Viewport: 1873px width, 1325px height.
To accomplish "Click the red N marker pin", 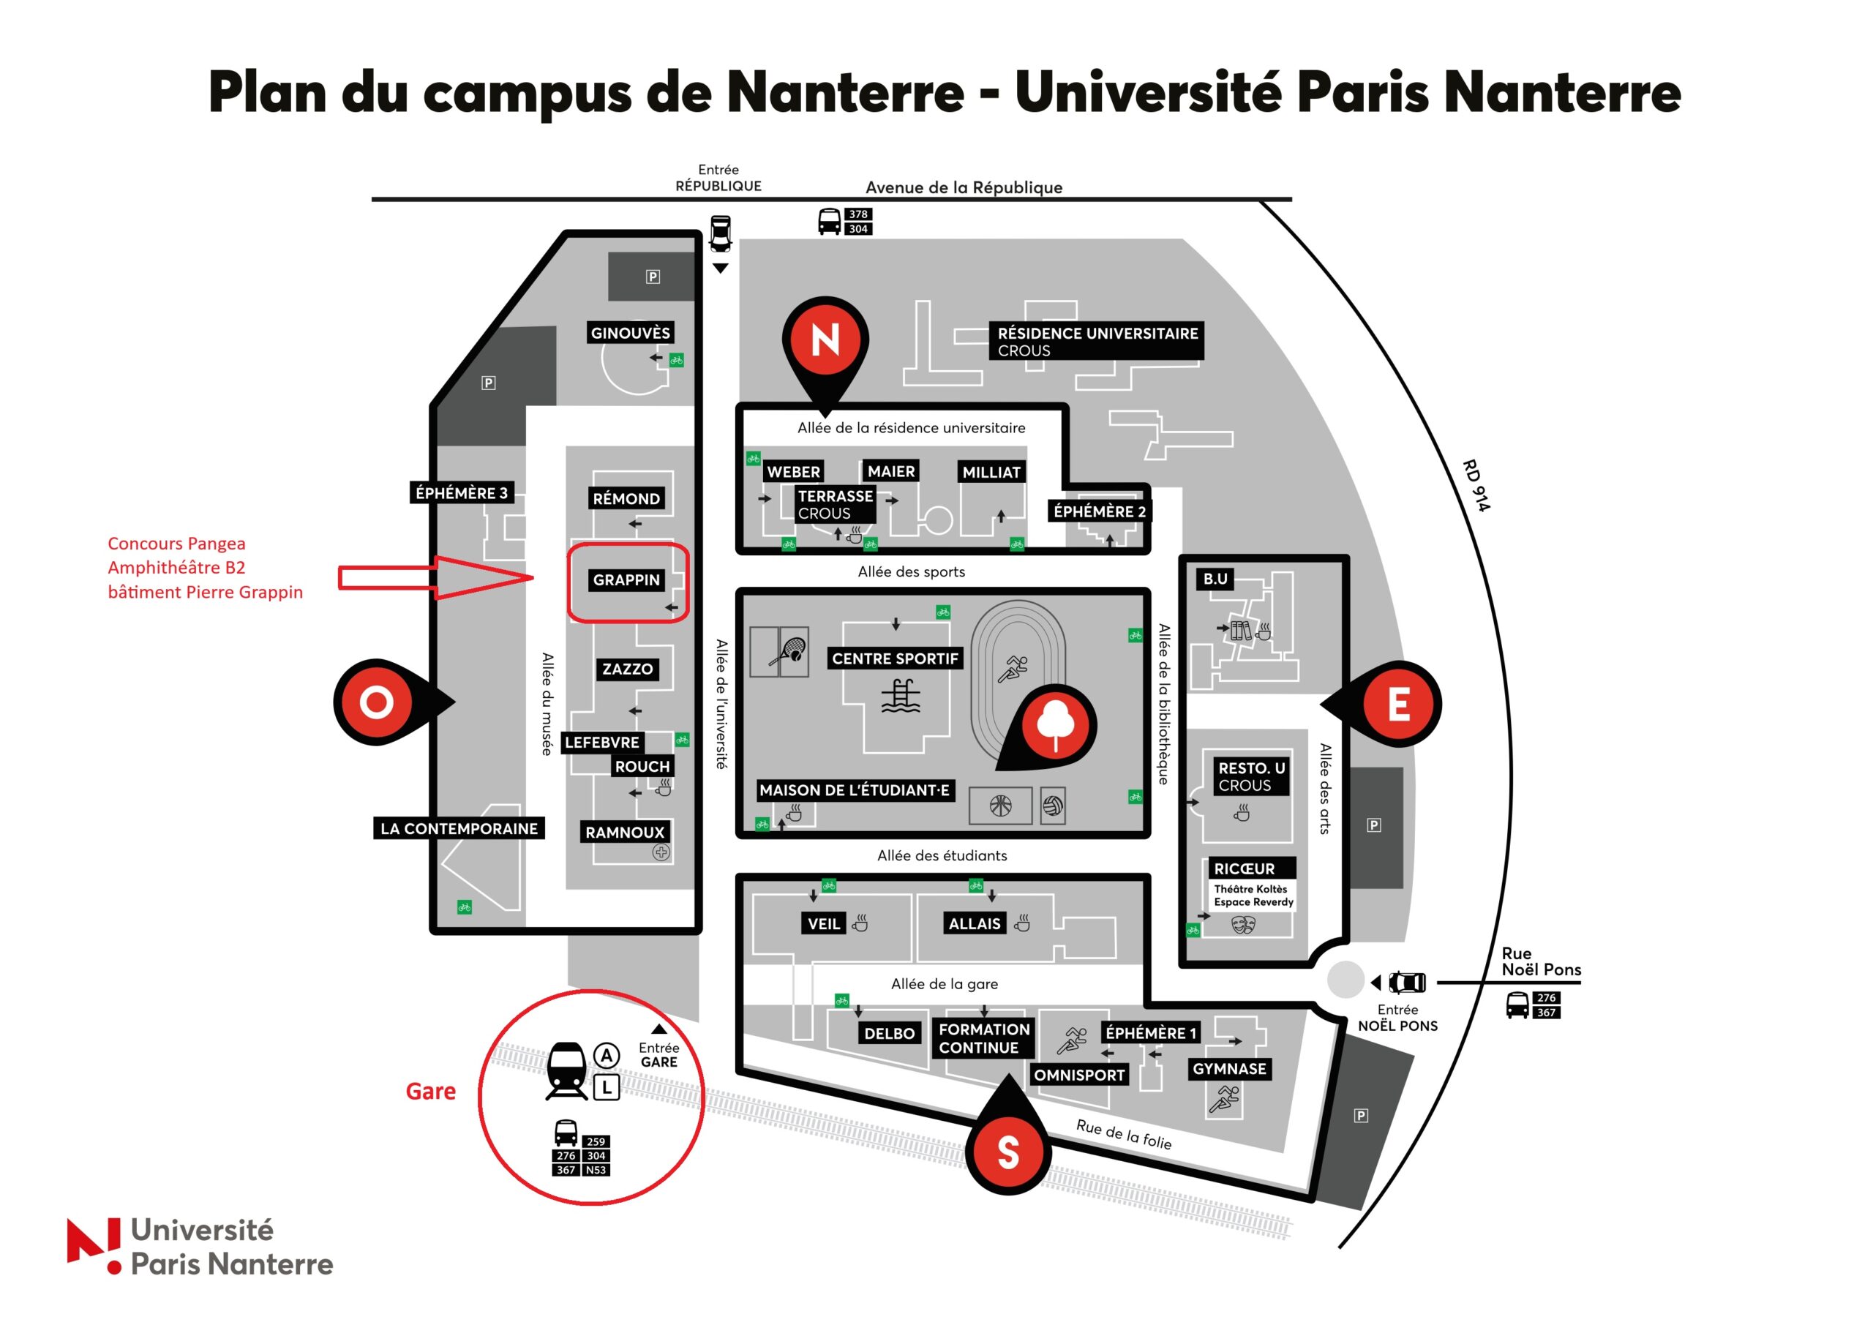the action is (x=825, y=347).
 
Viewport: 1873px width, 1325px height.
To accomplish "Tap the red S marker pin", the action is (x=1008, y=1142).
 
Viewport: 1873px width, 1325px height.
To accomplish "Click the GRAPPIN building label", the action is (x=626, y=580).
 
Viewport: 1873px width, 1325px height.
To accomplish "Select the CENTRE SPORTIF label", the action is (x=895, y=658).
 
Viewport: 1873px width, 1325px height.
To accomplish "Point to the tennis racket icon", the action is (x=788, y=653).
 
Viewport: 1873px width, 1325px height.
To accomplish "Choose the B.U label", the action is (x=1215, y=579).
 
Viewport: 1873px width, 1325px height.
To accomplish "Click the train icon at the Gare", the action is (x=566, y=1070).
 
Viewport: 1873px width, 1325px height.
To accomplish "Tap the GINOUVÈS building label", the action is (x=630, y=333).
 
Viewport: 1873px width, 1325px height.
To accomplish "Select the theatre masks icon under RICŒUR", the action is (x=1242, y=924).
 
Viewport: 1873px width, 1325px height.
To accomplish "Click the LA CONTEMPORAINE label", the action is (x=459, y=828).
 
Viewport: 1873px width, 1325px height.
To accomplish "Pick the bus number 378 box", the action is (x=857, y=214).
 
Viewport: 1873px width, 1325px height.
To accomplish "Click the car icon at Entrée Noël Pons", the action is (x=1408, y=983).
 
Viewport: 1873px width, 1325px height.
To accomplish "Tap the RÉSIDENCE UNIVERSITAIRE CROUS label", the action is (x=1097, y=341).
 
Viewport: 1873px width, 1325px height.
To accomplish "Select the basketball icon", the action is (x=1000, y=806).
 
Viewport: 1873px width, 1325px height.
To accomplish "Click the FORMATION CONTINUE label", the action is (x=984, y=1039).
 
